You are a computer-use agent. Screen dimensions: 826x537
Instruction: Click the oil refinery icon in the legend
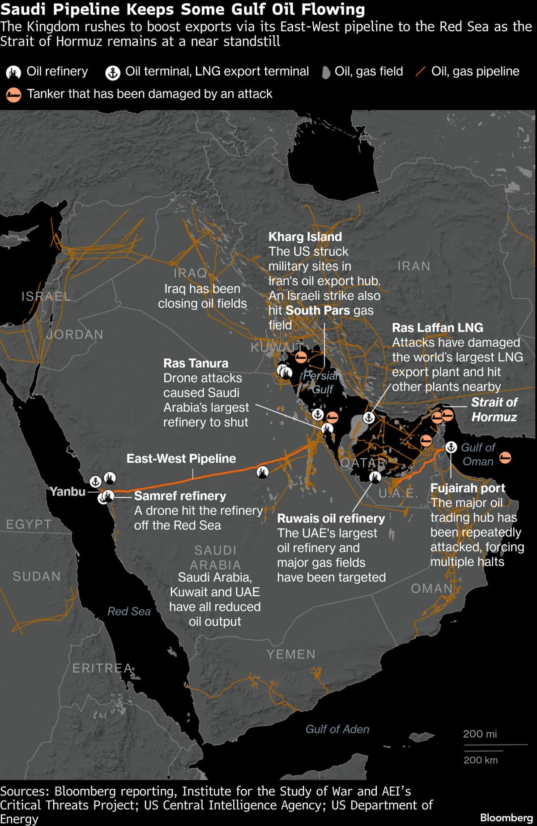click(13, 72)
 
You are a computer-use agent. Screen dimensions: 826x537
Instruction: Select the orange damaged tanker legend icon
click(13, 95)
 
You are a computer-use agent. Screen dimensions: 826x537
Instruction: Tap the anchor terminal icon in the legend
click(113, 72)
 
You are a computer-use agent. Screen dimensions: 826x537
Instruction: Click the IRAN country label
click(413, 266)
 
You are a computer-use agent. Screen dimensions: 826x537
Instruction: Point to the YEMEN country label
click(291, 654)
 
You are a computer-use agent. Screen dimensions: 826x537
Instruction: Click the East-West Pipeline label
click(181, 458)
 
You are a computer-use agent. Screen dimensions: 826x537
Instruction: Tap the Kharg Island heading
click(305, 237)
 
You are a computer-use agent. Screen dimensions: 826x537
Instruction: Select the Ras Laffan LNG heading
click(437, 327)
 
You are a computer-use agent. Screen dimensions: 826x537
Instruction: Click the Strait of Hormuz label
click(494, 409)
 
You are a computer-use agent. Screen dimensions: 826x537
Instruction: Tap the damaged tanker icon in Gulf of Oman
click(505, 457)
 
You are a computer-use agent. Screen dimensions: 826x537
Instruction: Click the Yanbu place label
click(68, 491)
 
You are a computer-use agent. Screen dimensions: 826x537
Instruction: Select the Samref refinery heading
click(180, 495)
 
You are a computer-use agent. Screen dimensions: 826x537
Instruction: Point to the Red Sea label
click(129, 611)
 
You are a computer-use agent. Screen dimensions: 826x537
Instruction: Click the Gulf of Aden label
click(337, 729)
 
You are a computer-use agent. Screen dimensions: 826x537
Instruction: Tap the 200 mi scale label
click(480, 734)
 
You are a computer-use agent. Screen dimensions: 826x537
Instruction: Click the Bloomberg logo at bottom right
click(506, 817)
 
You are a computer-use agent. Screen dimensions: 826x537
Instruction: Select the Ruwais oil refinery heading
click(331, 518)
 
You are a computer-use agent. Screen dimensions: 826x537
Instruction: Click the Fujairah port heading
click(467, 488)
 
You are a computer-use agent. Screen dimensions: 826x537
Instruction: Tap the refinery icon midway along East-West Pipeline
click(263, 471)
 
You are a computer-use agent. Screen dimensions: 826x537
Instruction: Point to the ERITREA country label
click(102, 668)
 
